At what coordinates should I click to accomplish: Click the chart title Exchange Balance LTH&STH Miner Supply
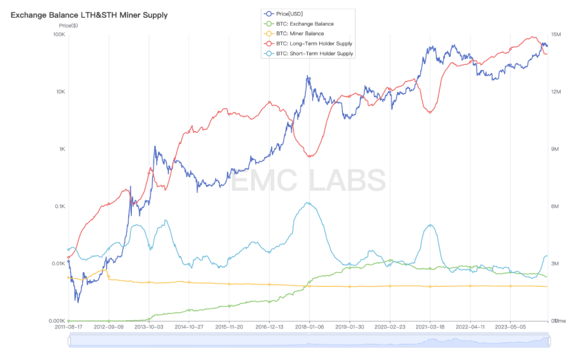89,15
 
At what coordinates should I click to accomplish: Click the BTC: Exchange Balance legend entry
304,24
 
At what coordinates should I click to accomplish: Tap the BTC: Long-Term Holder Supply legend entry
314,43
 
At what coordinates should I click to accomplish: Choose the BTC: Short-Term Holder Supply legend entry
314,54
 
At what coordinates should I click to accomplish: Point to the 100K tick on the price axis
59,35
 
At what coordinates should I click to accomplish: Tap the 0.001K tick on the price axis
56,321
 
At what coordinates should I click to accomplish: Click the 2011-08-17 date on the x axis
69,327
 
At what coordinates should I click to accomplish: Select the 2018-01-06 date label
310,327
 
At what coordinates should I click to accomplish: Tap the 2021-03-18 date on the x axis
430,327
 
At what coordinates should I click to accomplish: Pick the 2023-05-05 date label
511,327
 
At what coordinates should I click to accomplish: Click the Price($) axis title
68,25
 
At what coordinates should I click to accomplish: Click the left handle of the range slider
69,341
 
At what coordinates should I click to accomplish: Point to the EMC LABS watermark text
309,181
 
